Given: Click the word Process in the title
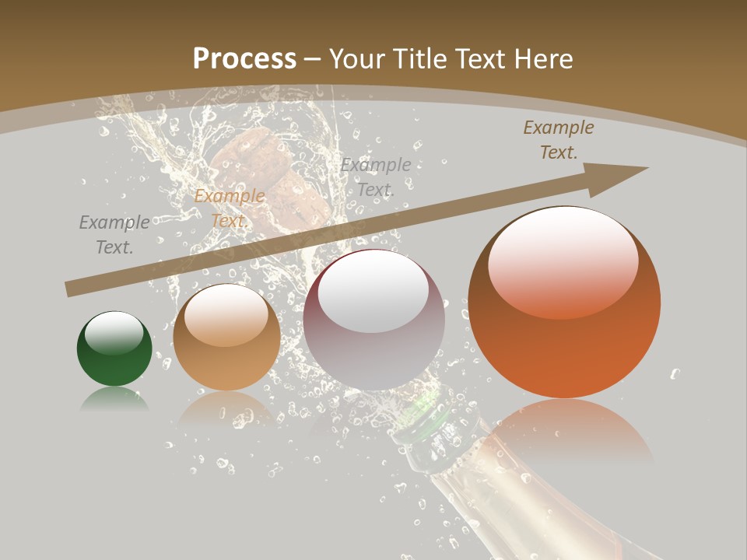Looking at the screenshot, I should tap(244, 59).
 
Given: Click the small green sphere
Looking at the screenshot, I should tap(114, 349).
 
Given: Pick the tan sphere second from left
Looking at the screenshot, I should tap(226, 338).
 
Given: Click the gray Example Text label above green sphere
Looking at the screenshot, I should tap(114, 234).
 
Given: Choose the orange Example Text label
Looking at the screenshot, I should tap(229, 208).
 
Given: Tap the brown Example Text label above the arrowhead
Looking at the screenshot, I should tap(558, 140).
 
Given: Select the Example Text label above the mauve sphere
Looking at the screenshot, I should tap(375, 177).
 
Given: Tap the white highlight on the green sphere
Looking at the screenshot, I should tap(114, 333).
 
